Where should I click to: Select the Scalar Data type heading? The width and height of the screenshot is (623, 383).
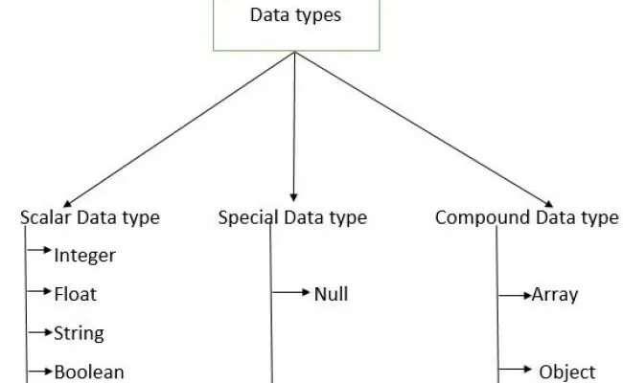[x=90, y=217]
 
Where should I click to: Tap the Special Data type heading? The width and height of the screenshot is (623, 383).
[x=292, y=217]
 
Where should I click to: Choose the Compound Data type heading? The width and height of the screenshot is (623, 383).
[x=526, y=217]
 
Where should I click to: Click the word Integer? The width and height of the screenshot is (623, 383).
[x=85, y=256]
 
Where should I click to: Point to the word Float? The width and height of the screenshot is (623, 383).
[x=76, y=294]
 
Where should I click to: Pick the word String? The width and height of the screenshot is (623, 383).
[x=80, y=333]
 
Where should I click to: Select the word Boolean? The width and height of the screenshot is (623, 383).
[x=90, y=372]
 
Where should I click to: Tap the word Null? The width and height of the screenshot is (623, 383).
[x=331, y=294]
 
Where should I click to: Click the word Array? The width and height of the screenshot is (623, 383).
[x=555, y=294]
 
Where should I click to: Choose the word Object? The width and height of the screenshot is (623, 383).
[x=567, y=372]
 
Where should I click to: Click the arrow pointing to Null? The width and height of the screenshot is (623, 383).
[x=291, y=291]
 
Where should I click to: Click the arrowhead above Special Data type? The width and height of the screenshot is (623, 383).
[x=292, y=194]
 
